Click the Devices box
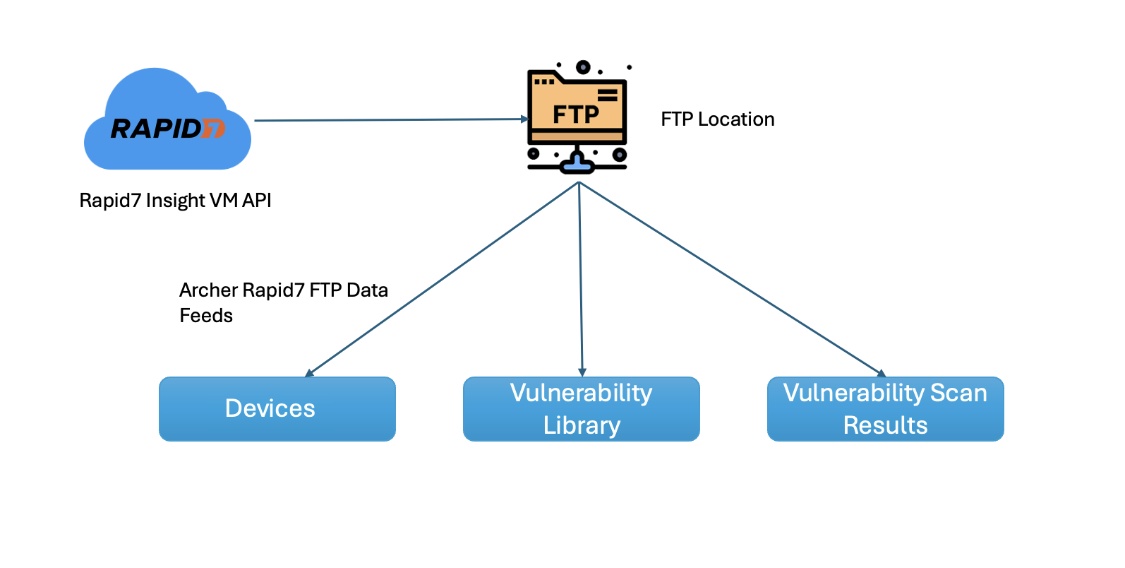[x=277, y=409]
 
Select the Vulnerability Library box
[x=582, y=409]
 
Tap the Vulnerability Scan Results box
[x=886, y=409]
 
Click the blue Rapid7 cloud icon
[x=167, y=120]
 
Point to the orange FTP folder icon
[x=577, y=106]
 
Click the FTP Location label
[x=718, y=119]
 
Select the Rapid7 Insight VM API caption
[x=175, y=201]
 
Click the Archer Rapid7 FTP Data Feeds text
[x=284, y=302]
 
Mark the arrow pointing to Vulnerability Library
[x=580, y=279]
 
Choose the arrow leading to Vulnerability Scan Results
[x=730, y=278]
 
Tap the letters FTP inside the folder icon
[x=575, y=114]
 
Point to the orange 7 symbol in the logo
[x=214, y=129]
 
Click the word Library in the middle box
[x=582, y=425]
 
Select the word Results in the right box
[x=886, y=425]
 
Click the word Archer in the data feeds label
[x=208, y=290]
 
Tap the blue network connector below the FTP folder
[x=577, y=164]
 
